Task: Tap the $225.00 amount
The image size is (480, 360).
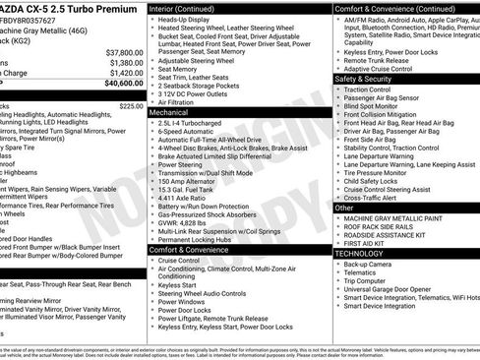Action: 131,105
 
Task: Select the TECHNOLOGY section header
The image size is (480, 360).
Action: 359,253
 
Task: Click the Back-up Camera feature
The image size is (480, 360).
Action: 370,264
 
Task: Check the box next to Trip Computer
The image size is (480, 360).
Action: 337,282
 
